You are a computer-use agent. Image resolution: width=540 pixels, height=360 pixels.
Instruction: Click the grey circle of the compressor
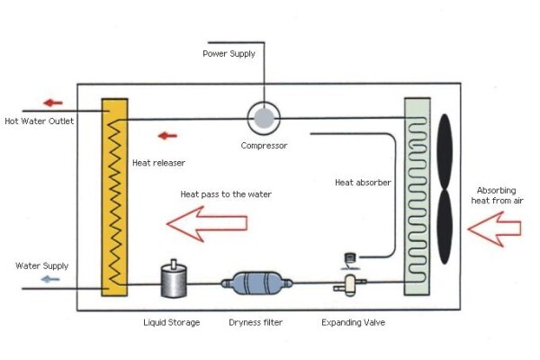[264, 118]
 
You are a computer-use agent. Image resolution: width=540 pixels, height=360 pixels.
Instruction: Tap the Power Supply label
[229, 54]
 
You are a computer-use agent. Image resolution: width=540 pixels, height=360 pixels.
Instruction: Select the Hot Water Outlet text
[40, 121]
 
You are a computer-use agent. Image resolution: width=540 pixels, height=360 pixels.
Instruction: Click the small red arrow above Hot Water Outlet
[53, 103]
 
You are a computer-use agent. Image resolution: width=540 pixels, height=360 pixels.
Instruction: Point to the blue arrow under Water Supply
[50, 279]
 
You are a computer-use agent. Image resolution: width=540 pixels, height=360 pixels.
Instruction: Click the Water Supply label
[42, 266]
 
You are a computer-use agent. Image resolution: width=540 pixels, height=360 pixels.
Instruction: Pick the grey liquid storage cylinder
[174, 279]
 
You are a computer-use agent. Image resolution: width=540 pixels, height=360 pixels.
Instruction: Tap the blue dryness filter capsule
[256, 283]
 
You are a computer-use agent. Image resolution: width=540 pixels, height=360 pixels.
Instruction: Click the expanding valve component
[350, 285]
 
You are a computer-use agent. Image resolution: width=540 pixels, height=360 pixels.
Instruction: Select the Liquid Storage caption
[172, 323]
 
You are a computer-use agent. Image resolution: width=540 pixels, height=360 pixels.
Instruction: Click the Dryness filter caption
[256, 322]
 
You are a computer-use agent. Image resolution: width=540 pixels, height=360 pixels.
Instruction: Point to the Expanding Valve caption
[354, 323]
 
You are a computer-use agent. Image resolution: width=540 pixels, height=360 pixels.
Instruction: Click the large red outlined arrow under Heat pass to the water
[207, 223]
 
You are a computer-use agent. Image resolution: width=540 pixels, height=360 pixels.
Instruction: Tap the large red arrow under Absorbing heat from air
[494, 229]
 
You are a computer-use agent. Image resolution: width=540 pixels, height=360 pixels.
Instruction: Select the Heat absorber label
[363, 183]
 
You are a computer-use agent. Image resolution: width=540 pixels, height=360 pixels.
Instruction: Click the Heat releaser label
[158, 163]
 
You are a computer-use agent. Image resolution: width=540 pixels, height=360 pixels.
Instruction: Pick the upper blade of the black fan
[445, 151]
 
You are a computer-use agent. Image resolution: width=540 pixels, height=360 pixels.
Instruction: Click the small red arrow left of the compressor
[167, 136]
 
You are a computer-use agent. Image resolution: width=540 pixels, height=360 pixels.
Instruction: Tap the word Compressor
[264, 146]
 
